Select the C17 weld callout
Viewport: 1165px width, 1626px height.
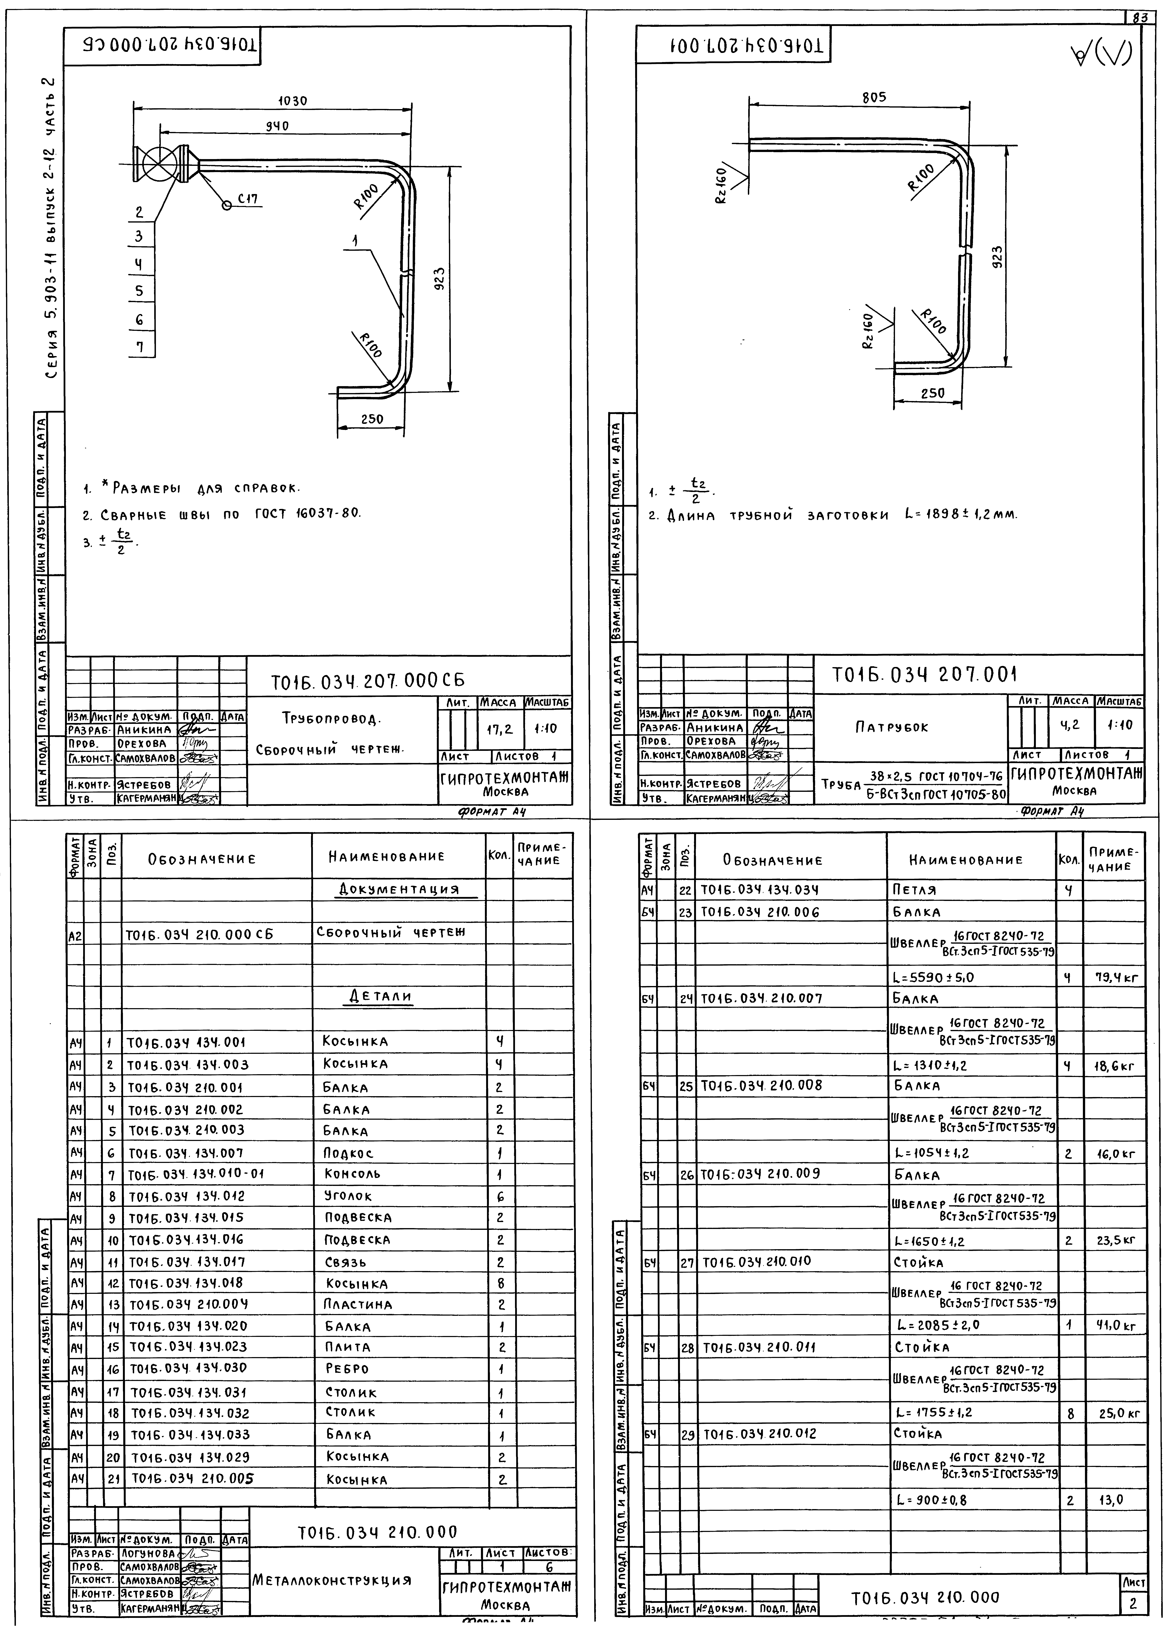tap(248, 200)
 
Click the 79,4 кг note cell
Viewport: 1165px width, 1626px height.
tap(1112, 977)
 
